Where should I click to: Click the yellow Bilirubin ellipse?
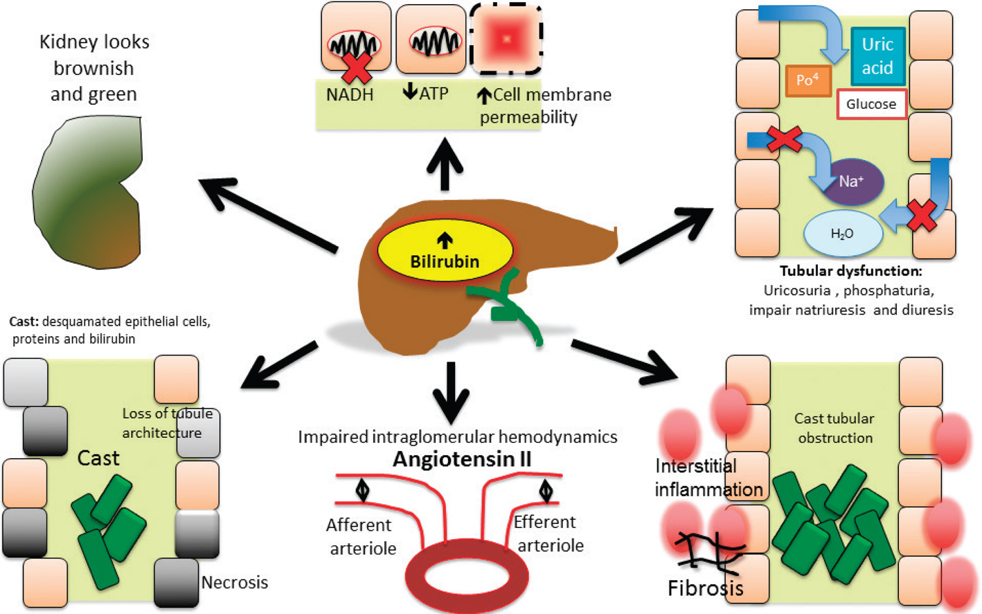[445, 252]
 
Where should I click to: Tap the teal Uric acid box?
[877, 56]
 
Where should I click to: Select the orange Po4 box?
[808, 80]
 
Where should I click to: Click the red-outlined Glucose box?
[871, 104]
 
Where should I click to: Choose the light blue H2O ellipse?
[842, 234]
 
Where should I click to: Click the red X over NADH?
[357, 67]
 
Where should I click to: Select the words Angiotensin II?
[462, 459]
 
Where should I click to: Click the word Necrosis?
[234, 582]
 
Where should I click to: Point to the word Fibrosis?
[705, 588]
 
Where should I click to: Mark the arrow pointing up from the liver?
[445, 164]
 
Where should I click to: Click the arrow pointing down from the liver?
[451, 392]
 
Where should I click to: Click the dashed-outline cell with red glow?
[506, 39]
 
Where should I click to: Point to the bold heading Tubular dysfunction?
[850, 271]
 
